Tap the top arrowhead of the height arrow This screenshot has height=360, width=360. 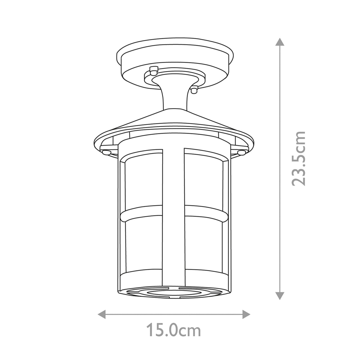(x=280, y=42)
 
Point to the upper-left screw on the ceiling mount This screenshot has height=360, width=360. (x=153, y=70)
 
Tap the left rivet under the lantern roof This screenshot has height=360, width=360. (x=105, y=153)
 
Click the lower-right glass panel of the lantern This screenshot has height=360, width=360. (x=204, y=243)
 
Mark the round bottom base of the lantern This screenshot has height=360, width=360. (x=173, y=286)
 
